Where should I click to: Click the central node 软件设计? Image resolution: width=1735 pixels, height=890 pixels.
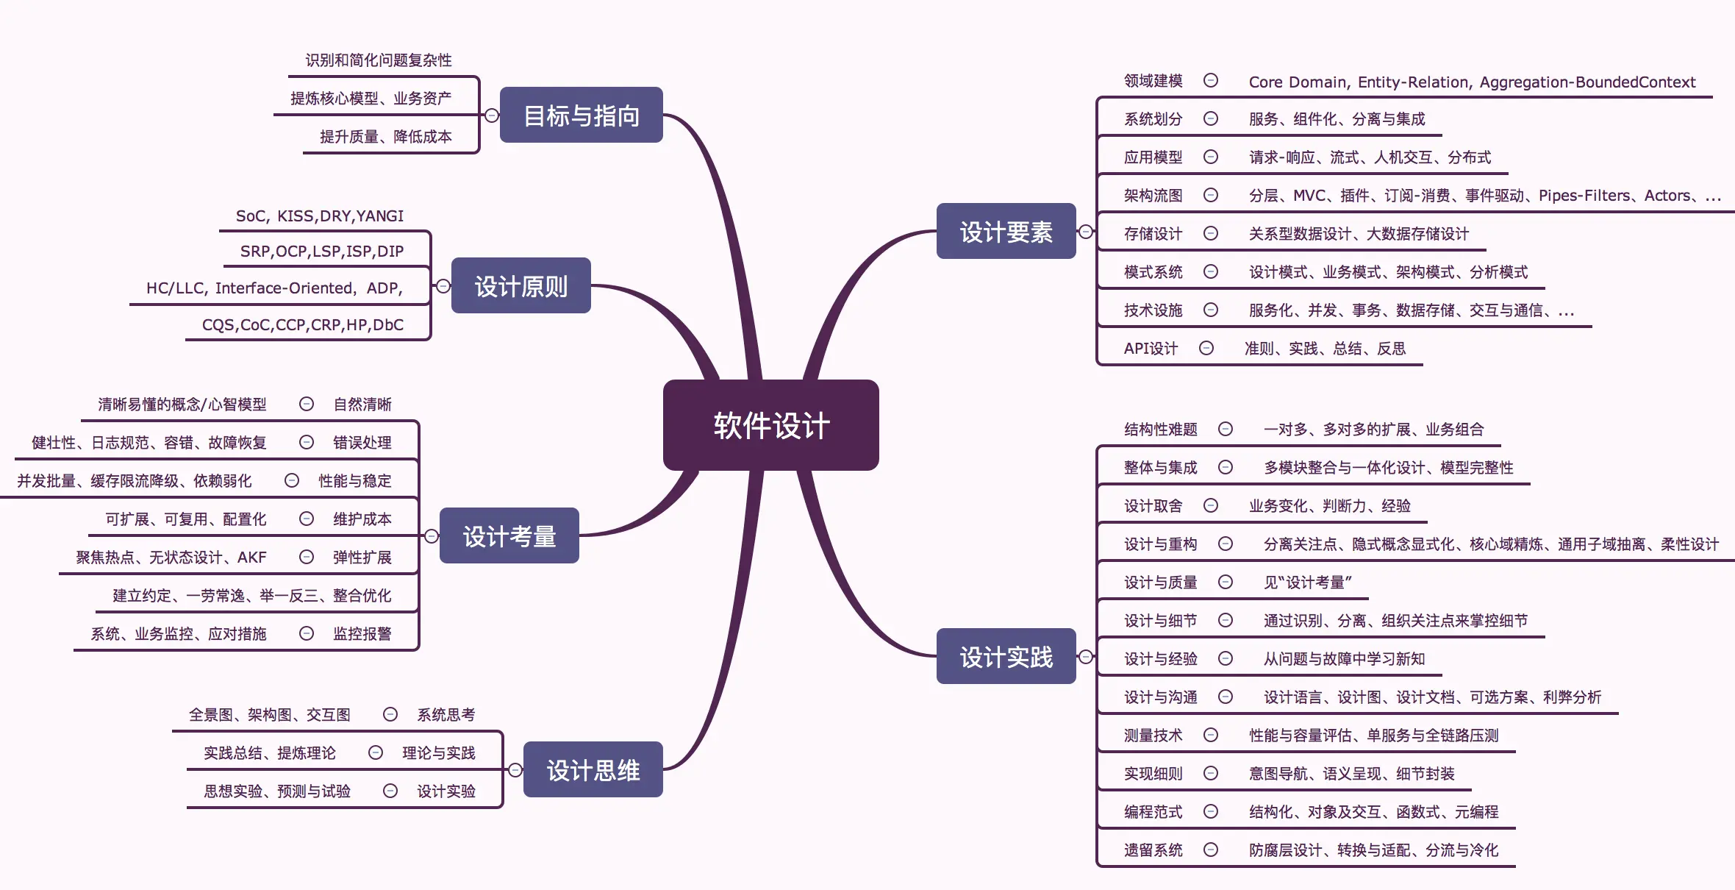pos(770,425)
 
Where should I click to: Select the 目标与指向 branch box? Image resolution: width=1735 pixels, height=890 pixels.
pos(581,115)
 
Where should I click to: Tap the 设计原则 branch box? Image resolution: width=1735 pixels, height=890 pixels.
pos(520,286)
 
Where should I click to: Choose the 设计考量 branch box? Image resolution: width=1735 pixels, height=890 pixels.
pos(509,536)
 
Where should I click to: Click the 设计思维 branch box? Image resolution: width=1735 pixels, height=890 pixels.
pos(593,770)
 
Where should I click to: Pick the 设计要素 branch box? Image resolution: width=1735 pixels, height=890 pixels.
pos(1006,232)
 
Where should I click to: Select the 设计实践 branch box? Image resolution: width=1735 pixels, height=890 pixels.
pos(1006,657)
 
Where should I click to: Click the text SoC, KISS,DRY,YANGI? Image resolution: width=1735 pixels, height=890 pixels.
pos(320,216)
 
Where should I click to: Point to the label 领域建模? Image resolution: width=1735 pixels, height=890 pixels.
pos(1153,81)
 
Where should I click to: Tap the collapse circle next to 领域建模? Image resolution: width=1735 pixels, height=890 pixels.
pos(1211,80)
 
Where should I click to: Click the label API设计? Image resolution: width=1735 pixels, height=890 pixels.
pos(1151,349)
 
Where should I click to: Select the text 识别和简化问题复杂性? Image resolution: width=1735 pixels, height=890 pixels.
pos(379,60)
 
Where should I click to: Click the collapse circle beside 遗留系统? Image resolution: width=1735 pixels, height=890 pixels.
pos(1211,850)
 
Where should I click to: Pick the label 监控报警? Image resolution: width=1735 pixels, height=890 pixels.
pos(362,634)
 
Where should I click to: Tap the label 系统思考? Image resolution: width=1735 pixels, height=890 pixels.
pos(446,715)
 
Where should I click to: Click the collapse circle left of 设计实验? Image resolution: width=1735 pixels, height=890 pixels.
pos(390,791)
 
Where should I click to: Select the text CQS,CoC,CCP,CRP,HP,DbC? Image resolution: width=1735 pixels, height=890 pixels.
pos(303,325)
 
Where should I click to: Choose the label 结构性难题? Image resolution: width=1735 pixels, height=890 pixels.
pos(1160,430)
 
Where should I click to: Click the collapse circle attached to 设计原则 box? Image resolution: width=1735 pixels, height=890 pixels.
pos(443,286)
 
